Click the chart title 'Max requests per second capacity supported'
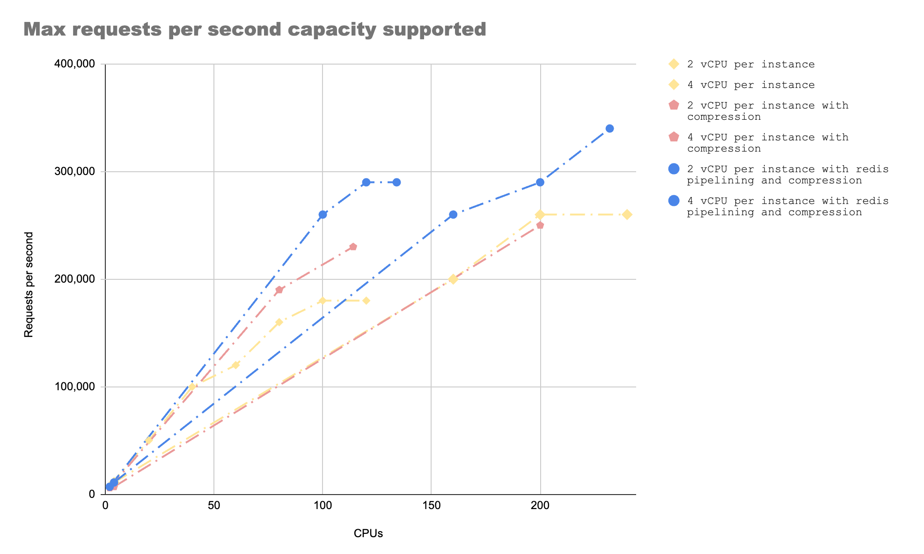tap(255, 29)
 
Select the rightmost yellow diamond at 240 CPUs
tap(627, 214)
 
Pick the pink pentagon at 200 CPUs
tap(540, 225)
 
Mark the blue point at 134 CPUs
tap(396, 182)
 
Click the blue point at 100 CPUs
tap(323, 214)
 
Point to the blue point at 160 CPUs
tap(453, 214)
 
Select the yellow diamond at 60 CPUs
tap(235, 365)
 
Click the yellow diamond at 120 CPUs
tap(366, 300)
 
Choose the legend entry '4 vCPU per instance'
tap(751, 85)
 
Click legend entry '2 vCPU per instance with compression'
tap(768, 111)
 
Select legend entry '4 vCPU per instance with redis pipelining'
tap(787, 206)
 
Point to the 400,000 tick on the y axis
tap(75, 64)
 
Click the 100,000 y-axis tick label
tap(75, 387)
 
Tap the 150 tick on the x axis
tap(431, 506)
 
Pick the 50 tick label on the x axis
tap(214, 506)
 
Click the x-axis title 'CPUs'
tap(368, 533)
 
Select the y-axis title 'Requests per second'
tap(29, 284)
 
